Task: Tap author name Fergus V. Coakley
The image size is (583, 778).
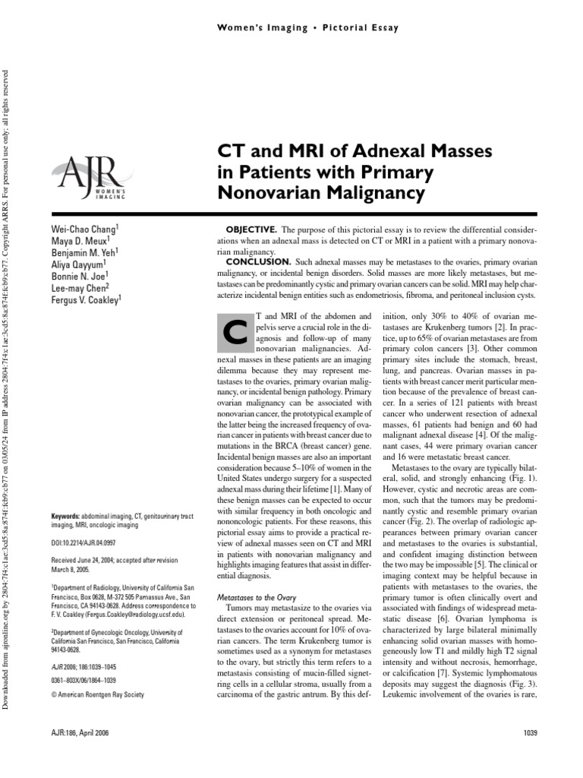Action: [x=85, y=299]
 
